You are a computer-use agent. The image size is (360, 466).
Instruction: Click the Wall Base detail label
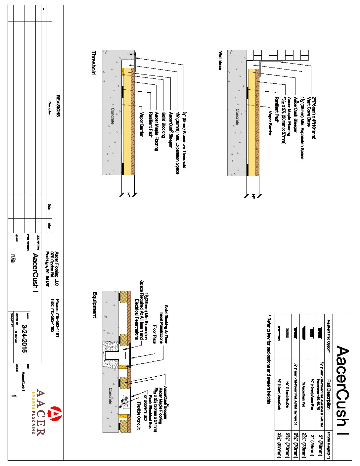(220, 60)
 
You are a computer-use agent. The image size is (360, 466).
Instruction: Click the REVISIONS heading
(58, 106)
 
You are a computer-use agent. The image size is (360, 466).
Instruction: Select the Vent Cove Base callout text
(308, 112)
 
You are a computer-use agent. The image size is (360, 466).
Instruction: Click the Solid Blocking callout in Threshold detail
(163, 125)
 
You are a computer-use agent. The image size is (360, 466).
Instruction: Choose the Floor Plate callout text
(154, 334)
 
